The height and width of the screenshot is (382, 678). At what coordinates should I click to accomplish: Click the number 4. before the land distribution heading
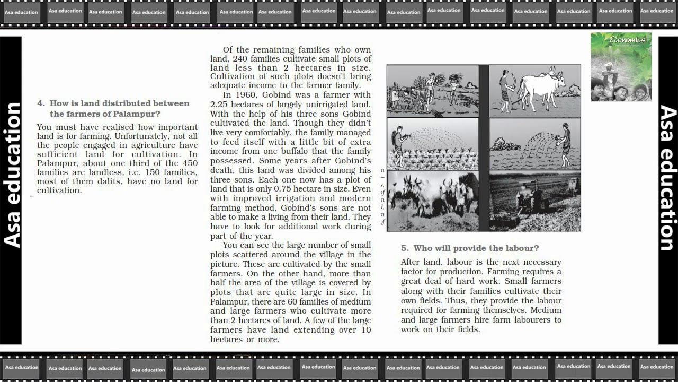(41, 103)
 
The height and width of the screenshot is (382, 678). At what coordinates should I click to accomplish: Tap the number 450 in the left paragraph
(190, 163)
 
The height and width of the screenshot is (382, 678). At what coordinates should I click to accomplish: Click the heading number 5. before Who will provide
(405, 248)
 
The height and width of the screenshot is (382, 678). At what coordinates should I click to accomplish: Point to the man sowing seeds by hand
(565, 140)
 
